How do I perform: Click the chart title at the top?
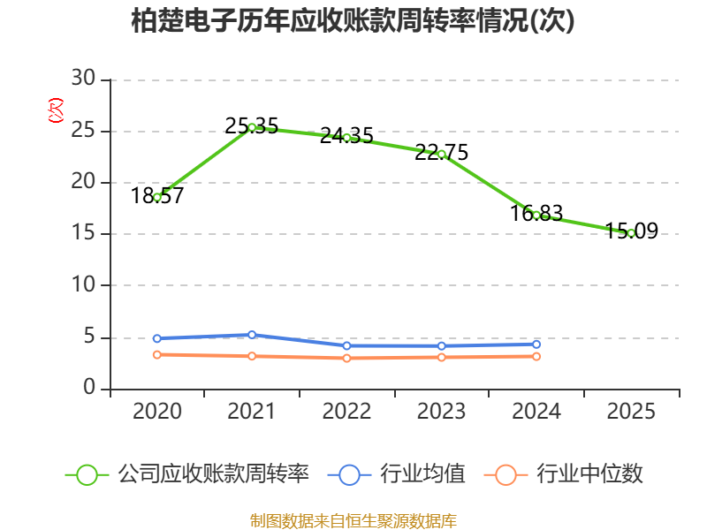[x=353, y=21]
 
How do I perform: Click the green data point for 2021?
[x=252, y=127]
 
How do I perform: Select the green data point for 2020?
[x=157, y=197]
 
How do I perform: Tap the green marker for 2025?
[x=631, y=233]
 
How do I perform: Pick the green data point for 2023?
[x=441, y=154]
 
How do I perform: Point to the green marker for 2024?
[x=536, y=215]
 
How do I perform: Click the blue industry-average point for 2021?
[x=252, y=335]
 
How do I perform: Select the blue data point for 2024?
[x=536, y=344]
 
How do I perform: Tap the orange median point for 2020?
[x=157, y=354]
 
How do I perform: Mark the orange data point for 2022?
[x=346, y=358]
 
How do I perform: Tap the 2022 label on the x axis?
[x=346, y=412]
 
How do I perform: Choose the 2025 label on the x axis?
[x=631, y=412]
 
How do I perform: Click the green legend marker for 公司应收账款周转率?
[x=87, y=474]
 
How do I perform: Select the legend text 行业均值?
[x=422, y=474]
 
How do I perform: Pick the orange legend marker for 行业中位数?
[x=506, y=474]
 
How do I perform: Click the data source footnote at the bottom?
[x=353, y=520]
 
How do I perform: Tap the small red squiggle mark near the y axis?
[x=56, y=110]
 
